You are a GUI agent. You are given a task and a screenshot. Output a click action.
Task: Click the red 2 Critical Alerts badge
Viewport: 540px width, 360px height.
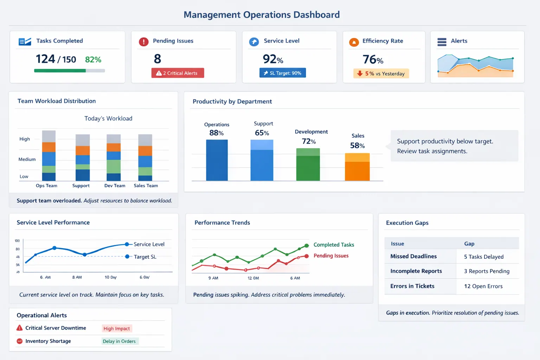pos(178,73)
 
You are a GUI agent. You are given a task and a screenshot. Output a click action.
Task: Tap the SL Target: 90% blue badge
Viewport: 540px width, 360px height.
pos(283,73)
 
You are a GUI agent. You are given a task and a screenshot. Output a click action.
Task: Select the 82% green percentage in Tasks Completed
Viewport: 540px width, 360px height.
pos(93,60)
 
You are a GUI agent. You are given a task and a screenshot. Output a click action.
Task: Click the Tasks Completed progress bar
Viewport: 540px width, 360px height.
pos(69,71)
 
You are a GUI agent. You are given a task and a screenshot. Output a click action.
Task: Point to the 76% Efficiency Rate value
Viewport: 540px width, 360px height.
pos(373,60)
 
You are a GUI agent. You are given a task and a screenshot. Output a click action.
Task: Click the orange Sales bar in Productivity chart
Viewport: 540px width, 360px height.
pos(357,167)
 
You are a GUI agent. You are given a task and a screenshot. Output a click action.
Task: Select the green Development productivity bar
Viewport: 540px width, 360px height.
pos(308,165)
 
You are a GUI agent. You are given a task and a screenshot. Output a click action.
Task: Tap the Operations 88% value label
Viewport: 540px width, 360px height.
pos(216,133)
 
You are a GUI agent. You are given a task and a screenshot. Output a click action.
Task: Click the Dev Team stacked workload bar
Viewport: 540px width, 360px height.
pos(114,157)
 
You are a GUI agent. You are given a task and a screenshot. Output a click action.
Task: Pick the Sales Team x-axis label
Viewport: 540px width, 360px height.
pos(146,186)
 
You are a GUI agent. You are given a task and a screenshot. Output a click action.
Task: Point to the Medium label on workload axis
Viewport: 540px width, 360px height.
pos(27,159)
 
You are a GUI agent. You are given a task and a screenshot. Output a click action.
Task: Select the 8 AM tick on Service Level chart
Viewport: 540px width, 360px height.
pos(77,277)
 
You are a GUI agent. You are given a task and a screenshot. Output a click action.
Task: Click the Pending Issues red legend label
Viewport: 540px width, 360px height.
pos(331,256)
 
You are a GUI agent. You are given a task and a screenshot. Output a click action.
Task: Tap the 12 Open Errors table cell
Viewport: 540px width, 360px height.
pos(483,286)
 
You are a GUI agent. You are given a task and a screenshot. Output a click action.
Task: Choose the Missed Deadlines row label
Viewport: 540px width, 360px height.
pos(413,256)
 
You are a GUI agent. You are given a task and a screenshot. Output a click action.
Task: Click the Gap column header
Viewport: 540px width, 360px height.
pos(469,244)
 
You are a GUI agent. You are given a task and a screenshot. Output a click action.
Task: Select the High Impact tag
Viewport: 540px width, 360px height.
pos(117,328)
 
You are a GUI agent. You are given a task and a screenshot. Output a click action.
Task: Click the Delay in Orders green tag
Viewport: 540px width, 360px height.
pos(119,341)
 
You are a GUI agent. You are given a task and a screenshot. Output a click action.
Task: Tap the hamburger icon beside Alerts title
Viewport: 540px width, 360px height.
pos(442,42)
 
